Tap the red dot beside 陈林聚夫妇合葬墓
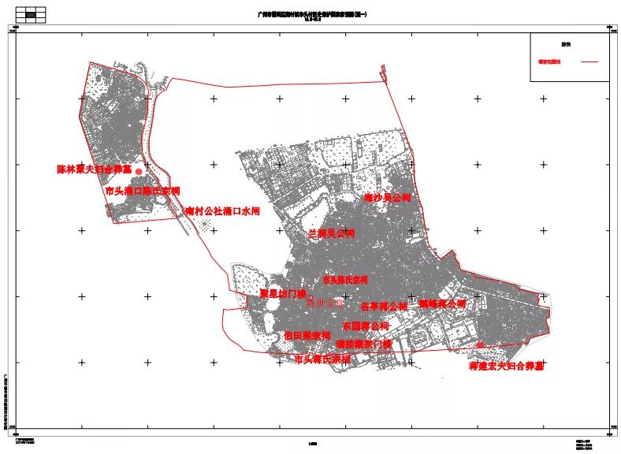coord(139,171)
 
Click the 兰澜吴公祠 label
coord(331,234)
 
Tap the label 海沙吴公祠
coord(387,198)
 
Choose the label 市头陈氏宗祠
coord(345,280)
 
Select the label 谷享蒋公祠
coord(384,306)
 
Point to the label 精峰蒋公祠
coord(442,303)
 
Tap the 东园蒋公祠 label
coord(366,326)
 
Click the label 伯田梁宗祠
coord(307,335)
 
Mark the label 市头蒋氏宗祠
coord(322,359)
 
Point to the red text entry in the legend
coord(549,61)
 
